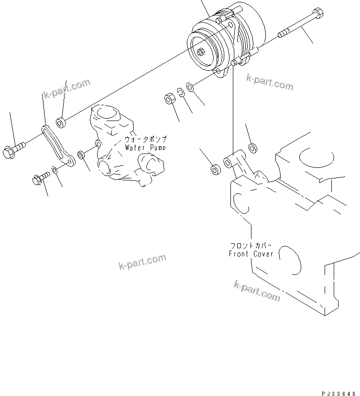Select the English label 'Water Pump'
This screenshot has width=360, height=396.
coord(145,148)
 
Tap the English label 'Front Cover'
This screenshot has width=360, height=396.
coord(251,253)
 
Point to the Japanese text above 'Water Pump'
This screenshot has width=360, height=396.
coord(145,140)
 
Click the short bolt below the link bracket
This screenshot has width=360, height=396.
coord(39,179)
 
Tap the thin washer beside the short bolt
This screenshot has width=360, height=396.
coord(56,170)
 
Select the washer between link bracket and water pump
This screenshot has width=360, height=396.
coord(82,155)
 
